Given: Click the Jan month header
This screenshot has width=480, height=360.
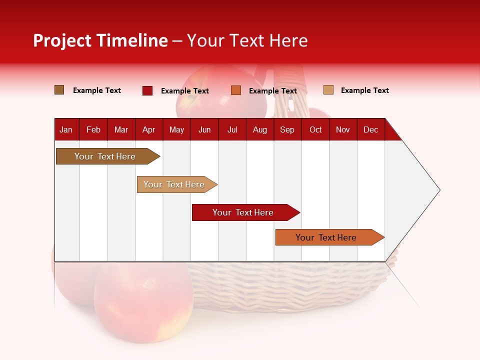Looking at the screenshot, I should [x=66, y=129].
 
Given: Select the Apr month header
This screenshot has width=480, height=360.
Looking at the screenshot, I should [x=148, y=129].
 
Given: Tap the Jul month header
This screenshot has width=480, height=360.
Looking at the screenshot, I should [x=232, y=129].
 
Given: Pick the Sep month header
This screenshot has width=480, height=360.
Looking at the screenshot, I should [x=287, y=129].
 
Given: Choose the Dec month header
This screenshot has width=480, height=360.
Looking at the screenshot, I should [x=370, y=129].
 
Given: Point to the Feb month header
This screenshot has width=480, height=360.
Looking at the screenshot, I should [x=93, y=129].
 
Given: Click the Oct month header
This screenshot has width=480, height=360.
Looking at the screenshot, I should [x=315, y=129].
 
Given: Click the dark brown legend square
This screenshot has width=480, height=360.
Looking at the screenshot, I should [x=59, y=90].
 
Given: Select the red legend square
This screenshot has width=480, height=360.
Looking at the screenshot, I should [x=147, y=90].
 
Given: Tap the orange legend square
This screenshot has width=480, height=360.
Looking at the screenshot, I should [x=236, y=90].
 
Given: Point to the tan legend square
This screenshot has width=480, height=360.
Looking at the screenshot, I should [x=328, y=90].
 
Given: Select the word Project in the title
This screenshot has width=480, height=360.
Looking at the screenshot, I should [x=62, y=40].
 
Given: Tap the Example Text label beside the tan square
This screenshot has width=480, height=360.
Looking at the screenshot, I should [x=364, y=90].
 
